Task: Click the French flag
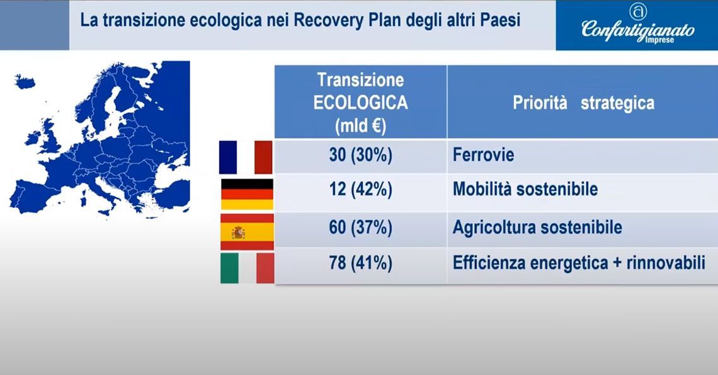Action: [x=246, y=157]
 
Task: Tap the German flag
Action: [x=248, y=194]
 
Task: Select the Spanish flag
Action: [x=248, y=232]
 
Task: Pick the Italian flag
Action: [x=248, y=268]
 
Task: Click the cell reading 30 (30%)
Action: [x=361, y=155]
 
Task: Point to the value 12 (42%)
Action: [x=361, y=189]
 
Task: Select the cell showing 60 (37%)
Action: [x=361, y=228]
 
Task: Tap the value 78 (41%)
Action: [x=361, y=263]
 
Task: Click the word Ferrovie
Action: [x=484, y=155]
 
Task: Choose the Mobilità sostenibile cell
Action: [x=525, y=189]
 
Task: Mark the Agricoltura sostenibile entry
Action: [x=537, y=228]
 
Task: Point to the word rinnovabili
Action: [x=666, y=263]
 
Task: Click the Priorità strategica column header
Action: [x=583, y=103]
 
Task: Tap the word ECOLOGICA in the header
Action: [x=361, y=103]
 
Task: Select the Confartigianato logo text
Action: [x=638, y=30]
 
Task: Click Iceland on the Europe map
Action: [x=25, y=81]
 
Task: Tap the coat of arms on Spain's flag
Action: [x=237, y=233]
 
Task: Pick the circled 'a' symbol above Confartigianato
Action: [x=638, y=11]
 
